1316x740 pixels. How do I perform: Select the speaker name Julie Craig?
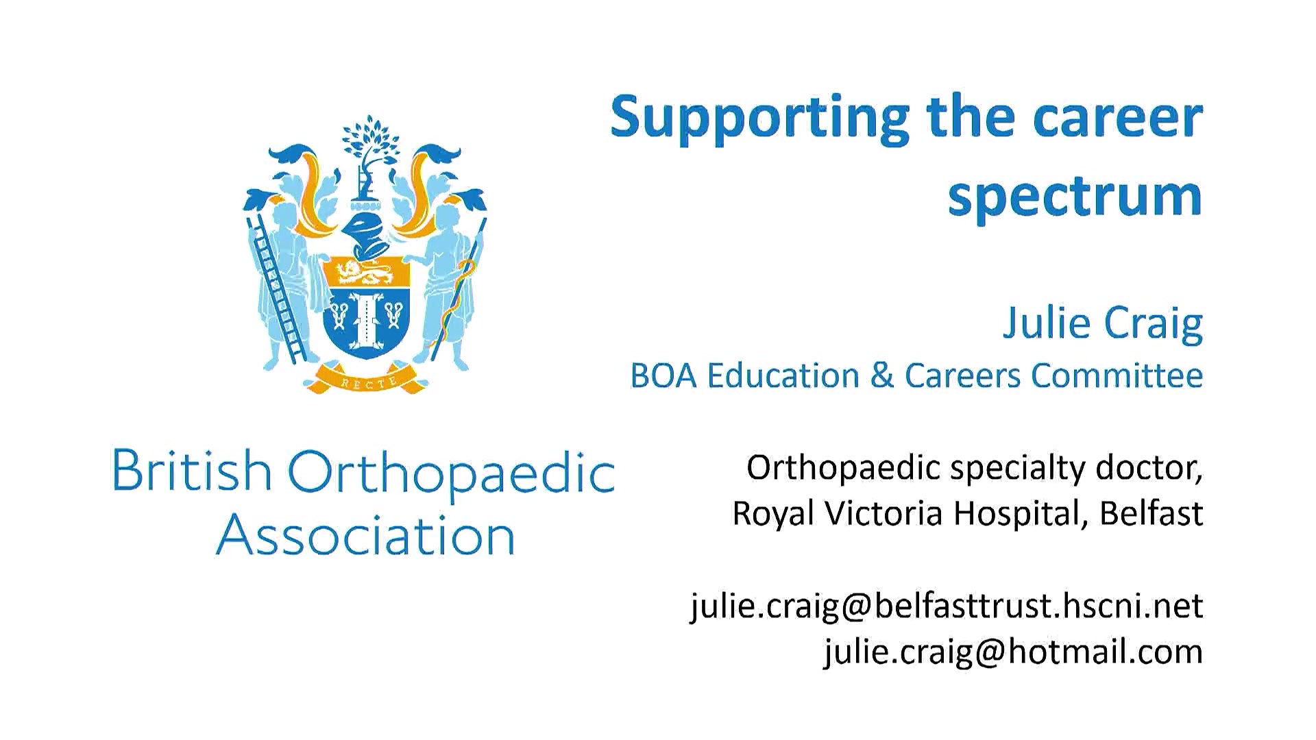pos(1103,323)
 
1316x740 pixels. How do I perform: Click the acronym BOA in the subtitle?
pos(663,375)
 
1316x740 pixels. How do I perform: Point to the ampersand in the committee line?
pos(882,375)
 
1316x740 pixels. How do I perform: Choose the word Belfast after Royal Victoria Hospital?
pos(1151,513)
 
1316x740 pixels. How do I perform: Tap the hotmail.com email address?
pos(1014,652)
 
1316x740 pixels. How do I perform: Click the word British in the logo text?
pos(192,471)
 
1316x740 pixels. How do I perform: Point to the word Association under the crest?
pos(365,536)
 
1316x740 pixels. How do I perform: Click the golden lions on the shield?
pos(366,273)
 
